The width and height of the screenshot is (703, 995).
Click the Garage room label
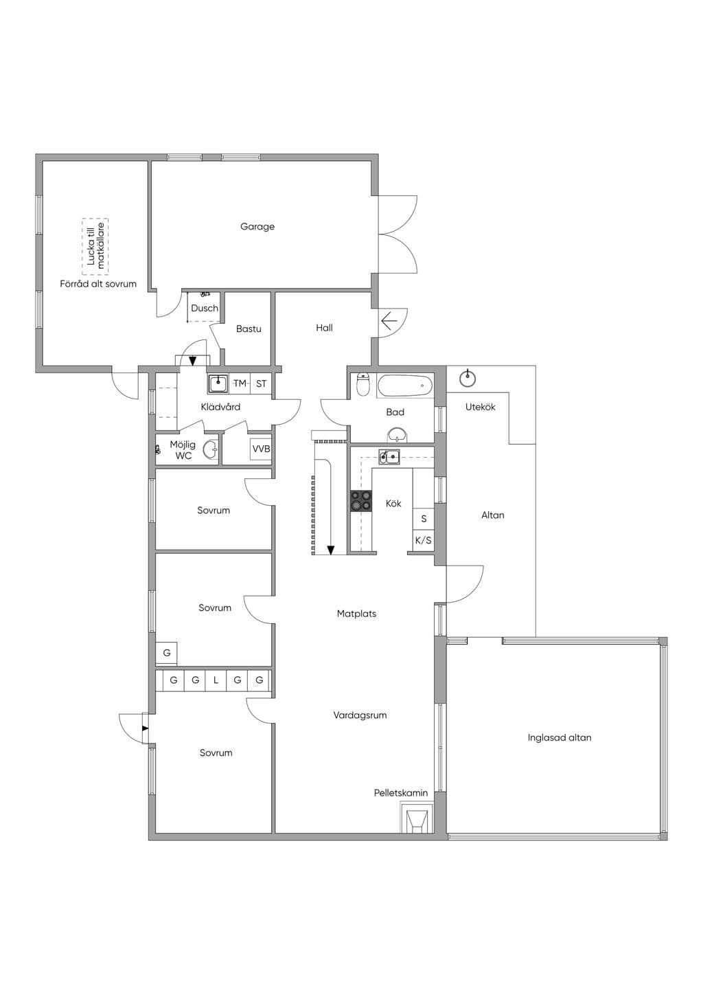[x=257, y=227]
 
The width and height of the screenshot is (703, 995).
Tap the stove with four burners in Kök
[x=361, y=501]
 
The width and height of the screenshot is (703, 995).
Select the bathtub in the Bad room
[x=405, y=385]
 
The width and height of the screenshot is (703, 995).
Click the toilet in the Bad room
[x=363, y=384]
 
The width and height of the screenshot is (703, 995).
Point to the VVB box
[x=261, y=449]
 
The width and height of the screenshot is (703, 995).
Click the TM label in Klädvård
[x=240, y=383]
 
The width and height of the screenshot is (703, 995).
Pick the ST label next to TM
[x=262, y=383]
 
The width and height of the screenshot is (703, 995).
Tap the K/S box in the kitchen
[x=423, y=540]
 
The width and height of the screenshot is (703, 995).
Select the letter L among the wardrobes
[x=216, y=680]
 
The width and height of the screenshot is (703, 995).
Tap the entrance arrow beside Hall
[x=389, y=321]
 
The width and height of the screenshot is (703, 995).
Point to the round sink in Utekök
[x=468, y=379]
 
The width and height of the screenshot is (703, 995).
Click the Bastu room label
[x=249, y=329]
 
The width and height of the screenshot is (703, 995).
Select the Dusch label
[x=205, y=309]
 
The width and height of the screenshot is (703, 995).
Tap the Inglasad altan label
[x=560, y=738]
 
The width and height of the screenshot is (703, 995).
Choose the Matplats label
[x=356, y=614]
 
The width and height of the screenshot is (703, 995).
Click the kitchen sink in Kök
[x=389, y=456]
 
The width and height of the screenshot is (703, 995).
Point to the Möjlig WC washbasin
[x=210, y=449]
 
